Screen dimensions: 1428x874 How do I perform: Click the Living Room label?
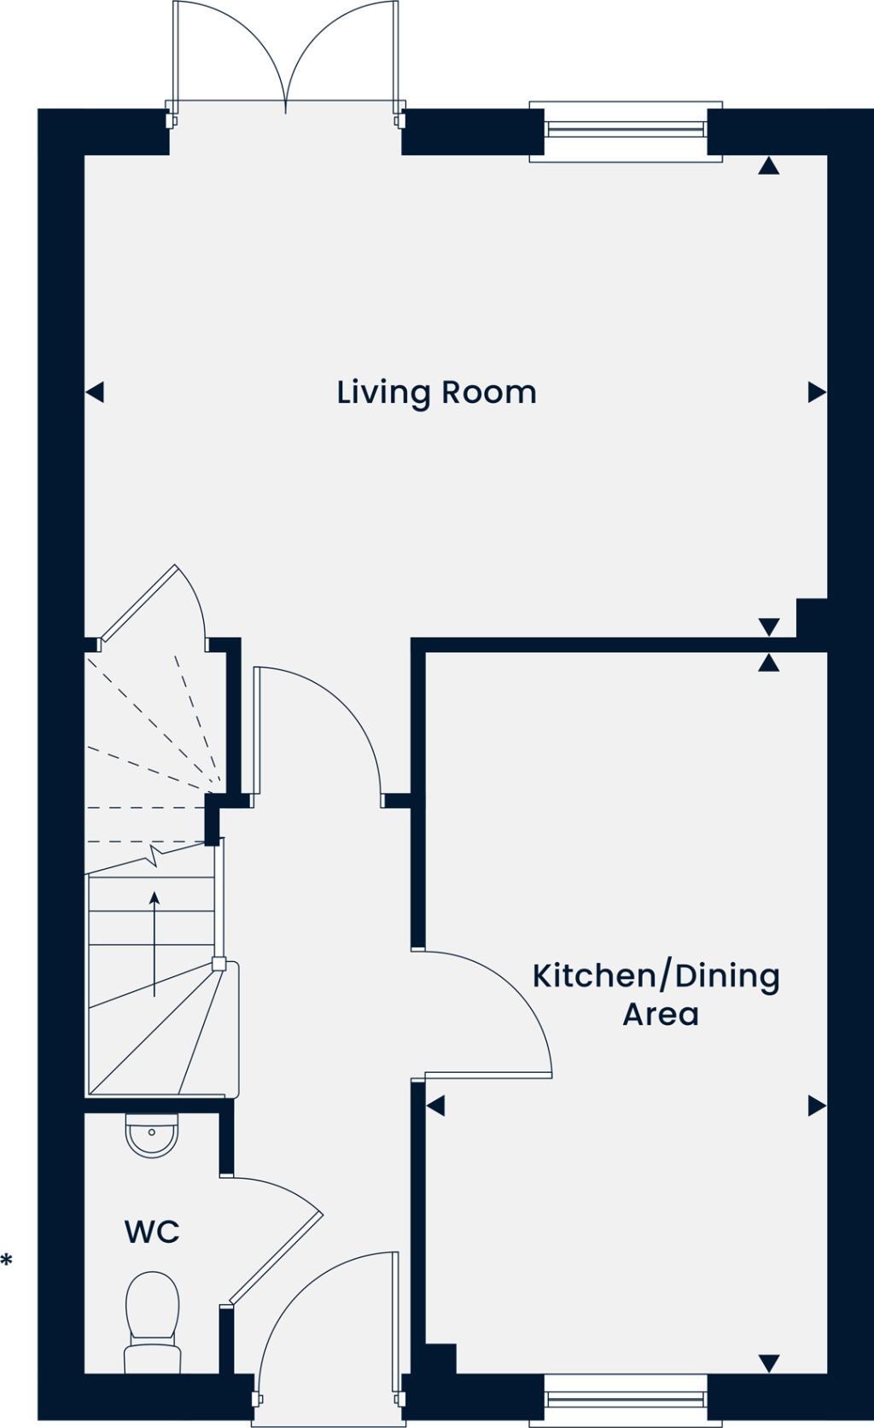[436, 393]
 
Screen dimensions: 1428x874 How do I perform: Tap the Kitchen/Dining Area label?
[656, 994]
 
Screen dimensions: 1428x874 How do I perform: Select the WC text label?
[152, 1232]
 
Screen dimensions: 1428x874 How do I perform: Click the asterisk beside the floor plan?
[7, 1260]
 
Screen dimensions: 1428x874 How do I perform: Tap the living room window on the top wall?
[626, 130]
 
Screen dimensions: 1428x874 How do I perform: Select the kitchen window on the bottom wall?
[626, 1399]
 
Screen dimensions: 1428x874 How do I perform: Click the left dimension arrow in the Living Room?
[95, 393]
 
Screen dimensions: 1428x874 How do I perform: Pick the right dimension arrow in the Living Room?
[817, 393]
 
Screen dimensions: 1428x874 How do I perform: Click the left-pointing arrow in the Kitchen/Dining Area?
[435, 1106]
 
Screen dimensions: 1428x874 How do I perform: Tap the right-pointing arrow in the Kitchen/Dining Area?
[817, 1106]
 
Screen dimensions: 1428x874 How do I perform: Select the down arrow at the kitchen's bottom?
[769, 1363]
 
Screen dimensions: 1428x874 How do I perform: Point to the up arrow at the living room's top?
[769, 166]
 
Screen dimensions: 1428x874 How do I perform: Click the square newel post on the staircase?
[218, 965]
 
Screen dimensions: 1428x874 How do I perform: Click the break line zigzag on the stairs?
[155, 854]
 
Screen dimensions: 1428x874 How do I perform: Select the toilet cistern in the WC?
[153, 1357]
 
